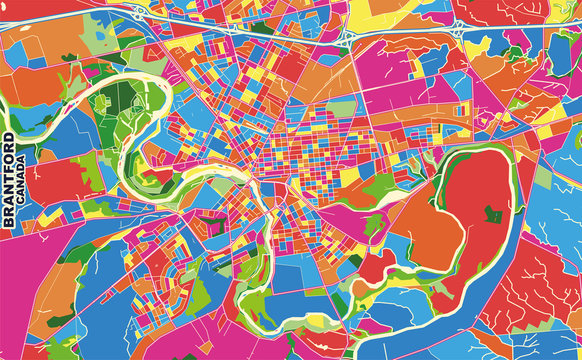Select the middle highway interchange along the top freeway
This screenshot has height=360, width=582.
(346, 38)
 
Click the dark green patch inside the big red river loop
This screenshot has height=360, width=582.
(493, 212)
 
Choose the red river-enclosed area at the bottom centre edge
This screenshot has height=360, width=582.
(300, 340)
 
